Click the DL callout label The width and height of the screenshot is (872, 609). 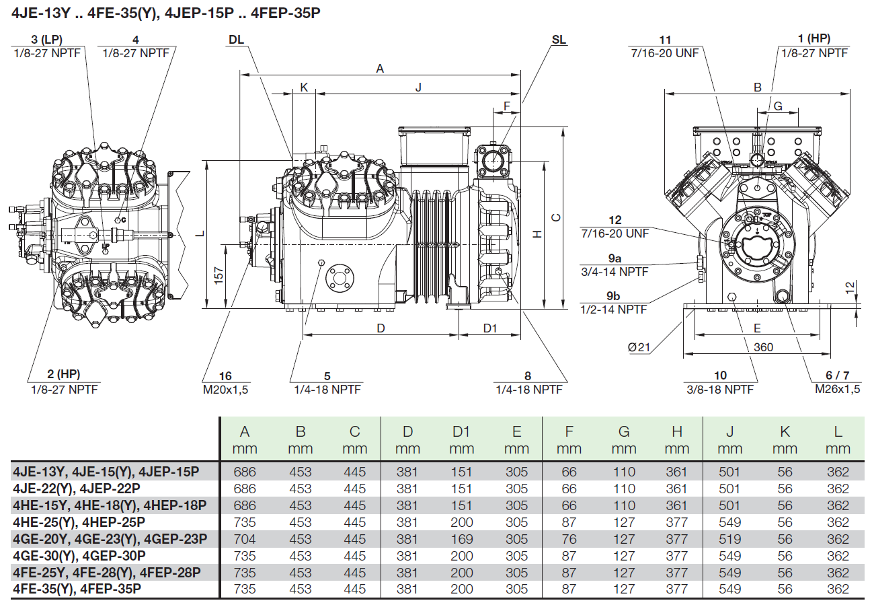click(x=236, y=40)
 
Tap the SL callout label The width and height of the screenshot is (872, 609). click(x=559, y=40)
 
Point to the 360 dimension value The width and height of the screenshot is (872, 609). click(x=763, y=347)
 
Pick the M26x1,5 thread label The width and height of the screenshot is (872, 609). click(x=838, y=389)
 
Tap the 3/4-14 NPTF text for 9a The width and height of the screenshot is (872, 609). click(x=613, y=271)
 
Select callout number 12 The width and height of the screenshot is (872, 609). click(x=615, y=221)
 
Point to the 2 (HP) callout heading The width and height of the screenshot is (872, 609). click(x=65, y=374)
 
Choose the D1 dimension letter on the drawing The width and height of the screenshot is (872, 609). click(x=490, y=328)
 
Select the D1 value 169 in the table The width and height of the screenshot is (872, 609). click(x=462, y=539)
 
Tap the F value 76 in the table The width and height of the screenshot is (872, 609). click(x=569, y=539)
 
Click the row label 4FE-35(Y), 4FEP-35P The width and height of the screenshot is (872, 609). click(x=77, y=589)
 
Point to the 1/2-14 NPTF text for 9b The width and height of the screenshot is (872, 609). click(x=613, y=310)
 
